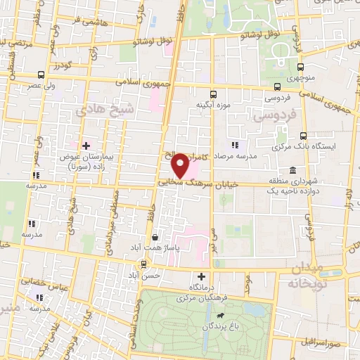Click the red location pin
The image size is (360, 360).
click(x=181, y=166)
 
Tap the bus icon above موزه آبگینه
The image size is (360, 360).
click(x=213, y=92)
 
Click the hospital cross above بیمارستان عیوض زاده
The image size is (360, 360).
click(x=86, y=146)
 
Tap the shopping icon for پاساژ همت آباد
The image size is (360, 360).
click(x=154, y=238)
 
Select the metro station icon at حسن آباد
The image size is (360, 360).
click(x=143, y=264)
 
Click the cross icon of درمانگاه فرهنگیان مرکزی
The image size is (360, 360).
click(x=202, y=276)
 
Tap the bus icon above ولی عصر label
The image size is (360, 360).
click(x=40, y=75)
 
